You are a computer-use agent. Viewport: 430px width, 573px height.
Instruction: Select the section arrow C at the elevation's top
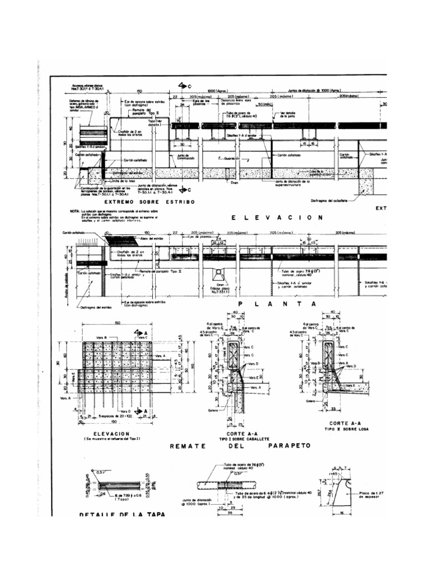[184, 86]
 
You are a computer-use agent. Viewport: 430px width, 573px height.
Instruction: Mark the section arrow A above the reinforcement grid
[139, 332]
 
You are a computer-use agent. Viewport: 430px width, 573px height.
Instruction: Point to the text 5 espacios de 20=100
[116, 416]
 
